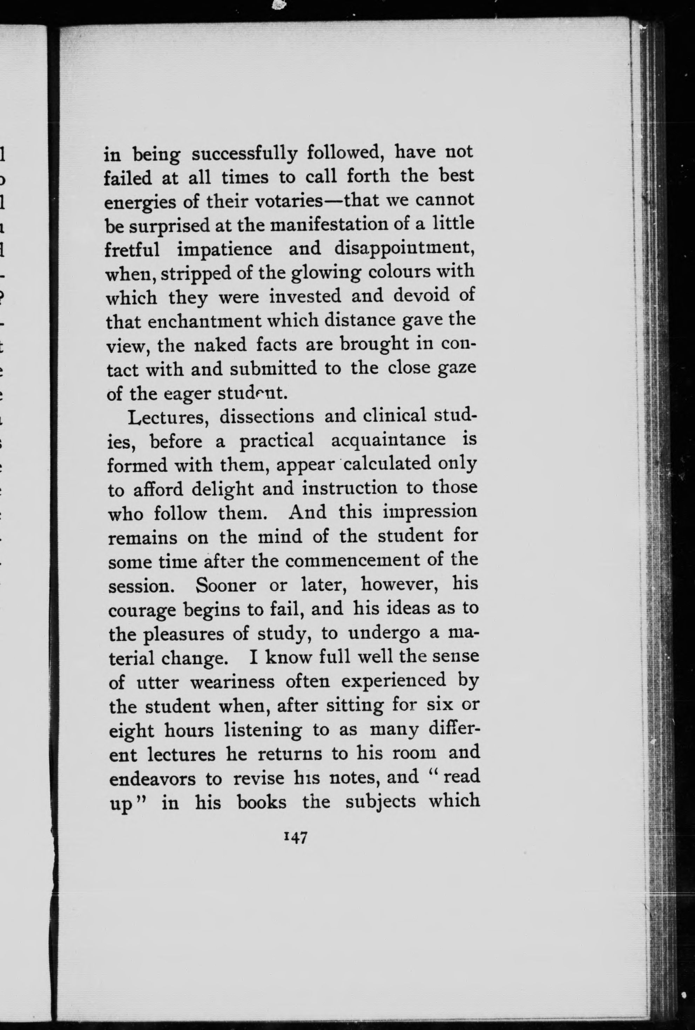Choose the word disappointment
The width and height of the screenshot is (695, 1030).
[404, 249]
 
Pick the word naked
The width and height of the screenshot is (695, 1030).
[220, 345]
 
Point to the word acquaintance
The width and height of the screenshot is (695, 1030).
[388, 441]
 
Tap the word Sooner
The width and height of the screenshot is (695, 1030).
[225, 585]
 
